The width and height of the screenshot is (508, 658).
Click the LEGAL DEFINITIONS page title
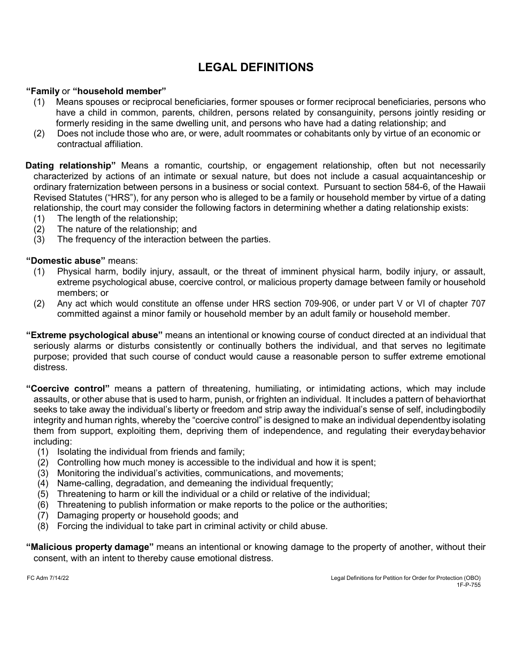pos(256,67)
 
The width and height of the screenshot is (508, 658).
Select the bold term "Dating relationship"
pos(71,165)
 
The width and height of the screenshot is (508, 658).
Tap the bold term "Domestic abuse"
pos(66,261)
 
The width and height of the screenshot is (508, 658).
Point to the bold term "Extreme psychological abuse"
pos(94,335)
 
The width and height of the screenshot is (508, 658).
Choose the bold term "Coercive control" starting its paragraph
pos(68,388)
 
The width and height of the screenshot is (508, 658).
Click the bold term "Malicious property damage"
pos(90,547)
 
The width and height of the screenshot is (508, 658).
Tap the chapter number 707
pos(477,303)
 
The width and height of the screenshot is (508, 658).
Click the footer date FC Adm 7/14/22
pos(48,578)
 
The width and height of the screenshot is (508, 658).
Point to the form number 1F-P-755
pos(468,585)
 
